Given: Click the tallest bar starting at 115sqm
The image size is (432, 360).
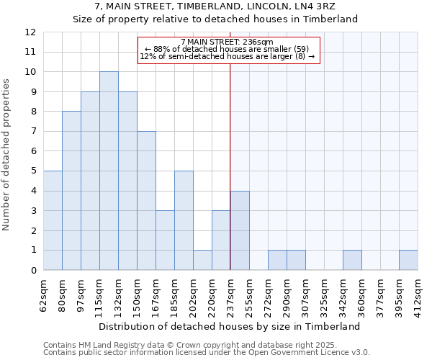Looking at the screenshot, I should [x=109, y=171].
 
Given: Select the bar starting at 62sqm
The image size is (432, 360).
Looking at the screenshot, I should [x=53, y=220].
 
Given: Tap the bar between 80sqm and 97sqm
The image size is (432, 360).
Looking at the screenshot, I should [x=71, y=191].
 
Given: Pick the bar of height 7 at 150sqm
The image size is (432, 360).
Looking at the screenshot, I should [x=146, y=201].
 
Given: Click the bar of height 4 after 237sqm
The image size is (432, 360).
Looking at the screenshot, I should [x=240, y=230].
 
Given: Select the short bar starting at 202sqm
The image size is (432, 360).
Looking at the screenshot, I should [x=202, y=260].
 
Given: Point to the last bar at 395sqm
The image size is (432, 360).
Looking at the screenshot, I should [x=408, y=260].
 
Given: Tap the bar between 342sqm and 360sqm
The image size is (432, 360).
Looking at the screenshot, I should [x=352, y=260].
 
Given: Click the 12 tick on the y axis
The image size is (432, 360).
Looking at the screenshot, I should [x=30, y=32].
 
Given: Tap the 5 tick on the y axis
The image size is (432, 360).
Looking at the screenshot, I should [x=33, y=171].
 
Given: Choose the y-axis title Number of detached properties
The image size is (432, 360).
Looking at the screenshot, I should [x=7, y=155].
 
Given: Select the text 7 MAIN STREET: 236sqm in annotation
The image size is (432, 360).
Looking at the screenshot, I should [x=227, y=42].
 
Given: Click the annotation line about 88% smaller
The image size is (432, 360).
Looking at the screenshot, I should [x=227, y=49].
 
